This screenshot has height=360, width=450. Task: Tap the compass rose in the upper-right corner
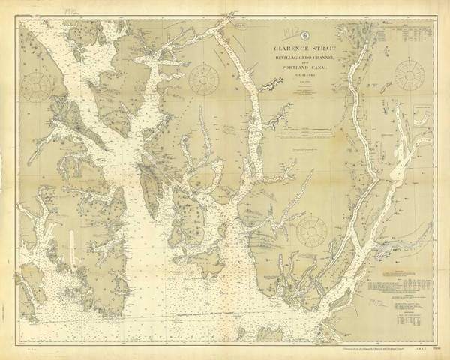pyautogui.click(x=409, y=74)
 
